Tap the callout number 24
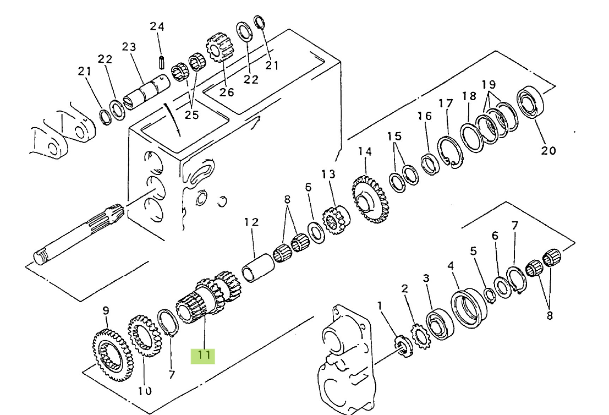point(157,26)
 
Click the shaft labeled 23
point(146,93)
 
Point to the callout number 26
point(227,92)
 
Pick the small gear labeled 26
point(219,47)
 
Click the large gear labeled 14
point(369,200)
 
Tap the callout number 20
point(548,150)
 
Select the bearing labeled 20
point(530,101)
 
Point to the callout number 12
point(251,222)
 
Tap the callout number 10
point(145,391)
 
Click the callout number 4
point(451,266)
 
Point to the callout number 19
point(489,84)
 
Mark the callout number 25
point(191,114)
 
